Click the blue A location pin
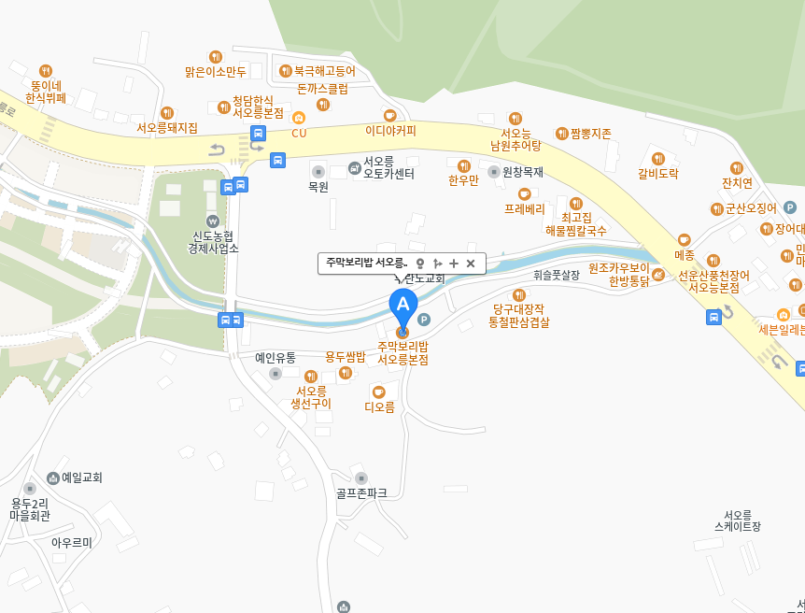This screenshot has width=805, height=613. pos(403,306)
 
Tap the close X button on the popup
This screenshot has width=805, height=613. pos(471,264)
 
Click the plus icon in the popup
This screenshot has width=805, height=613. pos(454,264)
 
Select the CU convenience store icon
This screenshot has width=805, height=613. pos(299,118)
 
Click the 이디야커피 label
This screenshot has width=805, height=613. pos(390,131)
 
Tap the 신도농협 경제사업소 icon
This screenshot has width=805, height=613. pos(214,221)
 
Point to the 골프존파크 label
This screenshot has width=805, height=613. pos(361,492)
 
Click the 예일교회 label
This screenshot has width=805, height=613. pos(81,478)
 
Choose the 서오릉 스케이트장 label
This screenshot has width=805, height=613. pos(738,520)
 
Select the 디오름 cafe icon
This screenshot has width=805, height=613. pos(378,392)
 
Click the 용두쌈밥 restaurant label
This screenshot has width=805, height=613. pos(345,357)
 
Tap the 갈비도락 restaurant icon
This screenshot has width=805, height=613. pos(658,158)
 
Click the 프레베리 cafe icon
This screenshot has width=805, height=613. pos(525,193)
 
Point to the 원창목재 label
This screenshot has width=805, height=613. pos(523,172)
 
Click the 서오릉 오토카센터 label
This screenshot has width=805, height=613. pos(388,167)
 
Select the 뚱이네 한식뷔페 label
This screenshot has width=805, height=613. pos(46,91)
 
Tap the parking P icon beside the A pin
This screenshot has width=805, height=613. pos(424,320)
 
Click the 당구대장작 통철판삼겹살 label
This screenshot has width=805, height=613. pos(519,315)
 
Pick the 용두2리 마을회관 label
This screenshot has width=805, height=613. pos(30,508)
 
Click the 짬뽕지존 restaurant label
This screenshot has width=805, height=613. pos(590,134)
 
